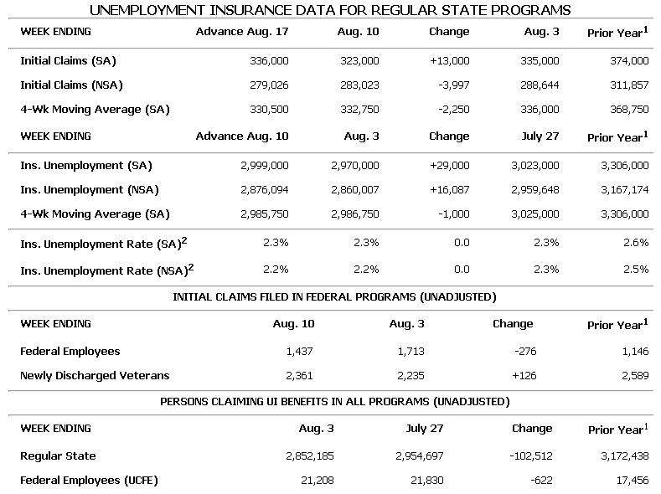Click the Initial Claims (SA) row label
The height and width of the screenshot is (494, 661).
tap(68, 61)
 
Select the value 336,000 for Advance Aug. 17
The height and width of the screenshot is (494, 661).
tap(269, 61)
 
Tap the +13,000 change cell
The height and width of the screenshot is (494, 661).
tap(449, 61)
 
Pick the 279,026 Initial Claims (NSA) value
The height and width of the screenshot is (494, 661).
tap(269, 85)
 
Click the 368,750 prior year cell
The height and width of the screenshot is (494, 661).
tap(628, 109)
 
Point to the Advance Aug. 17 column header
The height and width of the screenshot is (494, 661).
tap(242, 32)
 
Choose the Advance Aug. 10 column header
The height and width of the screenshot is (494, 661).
tap(242, 136)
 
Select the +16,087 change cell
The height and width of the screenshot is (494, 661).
tap(448, 190)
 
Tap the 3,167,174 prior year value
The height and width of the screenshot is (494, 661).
tap(624, 190)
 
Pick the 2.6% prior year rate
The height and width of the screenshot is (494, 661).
tap(636, 243)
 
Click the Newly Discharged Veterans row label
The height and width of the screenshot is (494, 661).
tap(95, 376)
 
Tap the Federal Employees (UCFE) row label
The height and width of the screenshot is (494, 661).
tap(89, 481)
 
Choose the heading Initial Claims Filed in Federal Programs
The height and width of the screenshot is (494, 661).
tap(334, 297)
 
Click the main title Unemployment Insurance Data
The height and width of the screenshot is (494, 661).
tap(330, 10)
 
